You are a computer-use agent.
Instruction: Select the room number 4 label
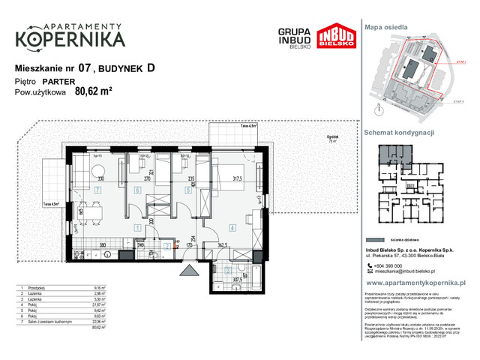232,227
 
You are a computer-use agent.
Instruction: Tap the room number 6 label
136,190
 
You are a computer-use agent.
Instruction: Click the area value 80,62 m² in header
94,93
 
